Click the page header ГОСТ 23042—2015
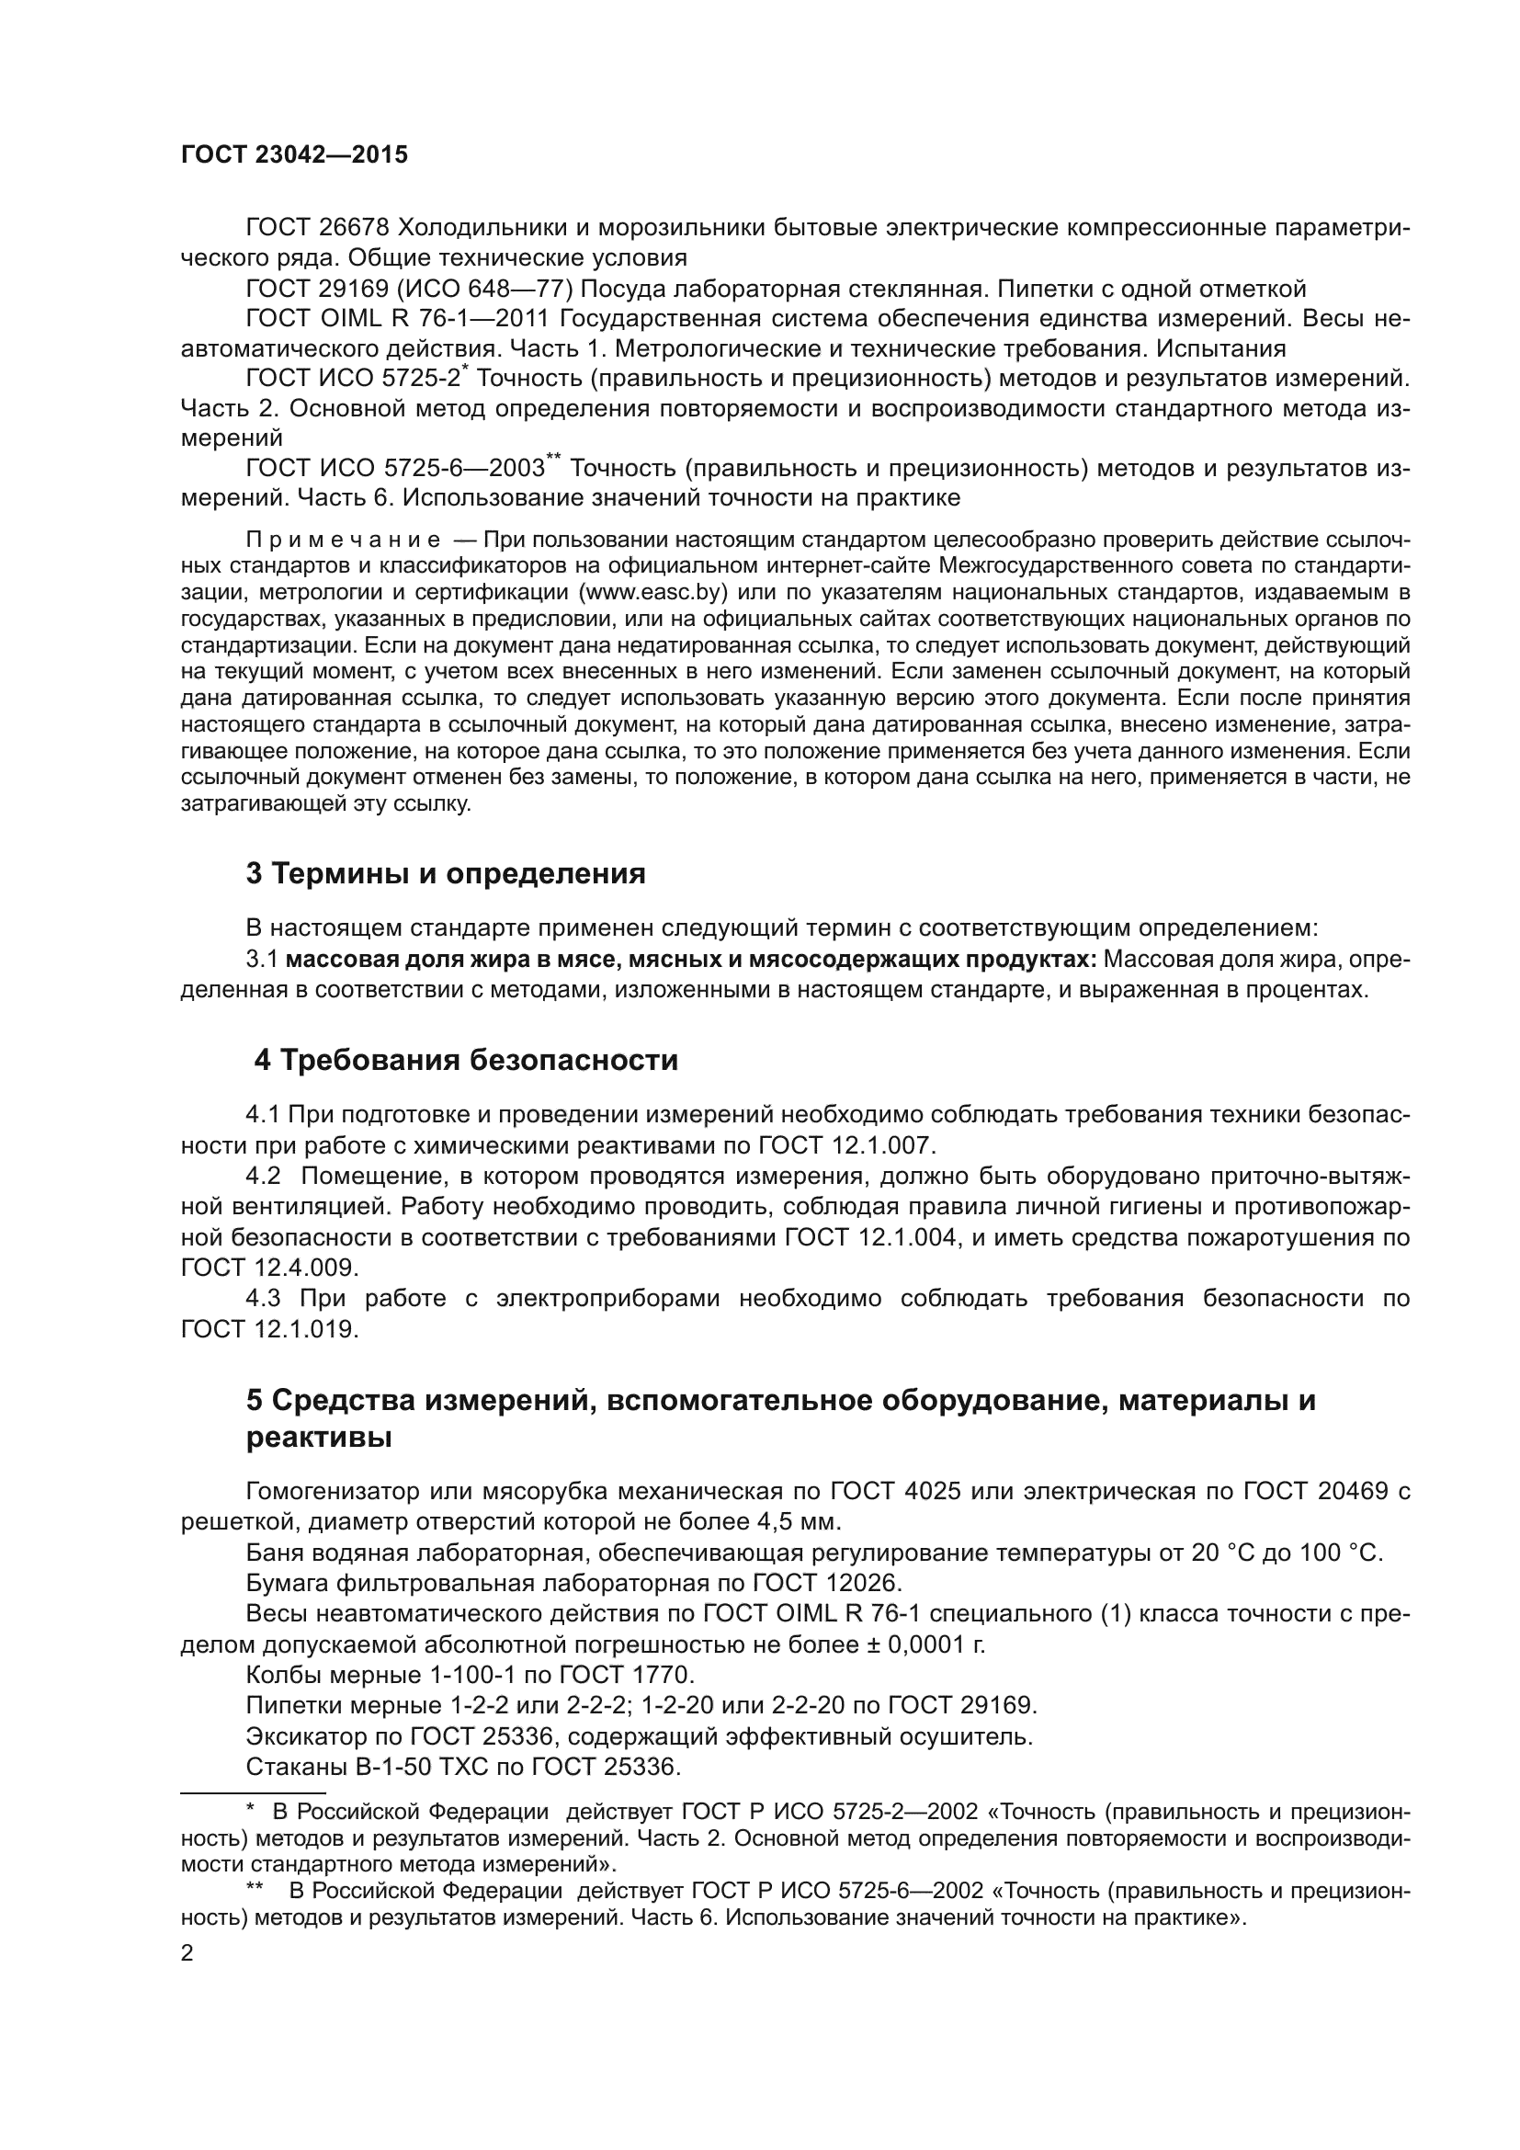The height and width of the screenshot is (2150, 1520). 294,155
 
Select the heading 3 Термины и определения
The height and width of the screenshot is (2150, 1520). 446,873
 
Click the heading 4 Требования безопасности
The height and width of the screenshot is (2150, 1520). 466,1060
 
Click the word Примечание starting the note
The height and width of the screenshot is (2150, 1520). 344,540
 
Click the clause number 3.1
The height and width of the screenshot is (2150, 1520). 262,960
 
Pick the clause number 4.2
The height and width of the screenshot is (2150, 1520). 263,1177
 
